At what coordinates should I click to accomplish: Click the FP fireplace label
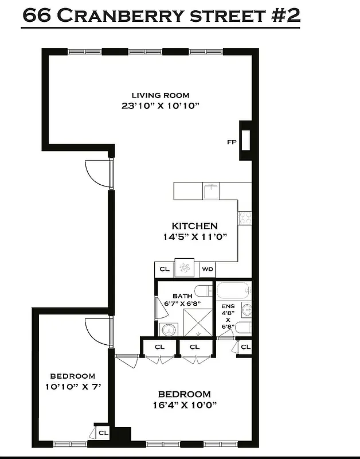click(x=232, y=141)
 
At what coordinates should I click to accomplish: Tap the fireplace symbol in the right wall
click(x=245, y=140)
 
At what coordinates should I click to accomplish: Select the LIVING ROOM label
click(x=160, y=95)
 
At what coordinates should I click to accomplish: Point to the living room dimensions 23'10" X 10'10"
click(x=160, y=106)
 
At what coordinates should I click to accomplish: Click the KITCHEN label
click(x=195, y=226)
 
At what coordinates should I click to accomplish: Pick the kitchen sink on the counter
click(x=210, y=189)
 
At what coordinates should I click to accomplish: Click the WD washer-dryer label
click(x=206, y=269)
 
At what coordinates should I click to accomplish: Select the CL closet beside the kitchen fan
click(x=164, y=269)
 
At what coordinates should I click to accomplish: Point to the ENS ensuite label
click(x=228, y=307)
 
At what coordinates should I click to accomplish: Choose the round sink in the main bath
click(x=167, y=329)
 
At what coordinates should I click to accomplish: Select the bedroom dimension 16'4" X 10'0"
click(x=184, y=404)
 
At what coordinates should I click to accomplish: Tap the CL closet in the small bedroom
click(x=104, y=433)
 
